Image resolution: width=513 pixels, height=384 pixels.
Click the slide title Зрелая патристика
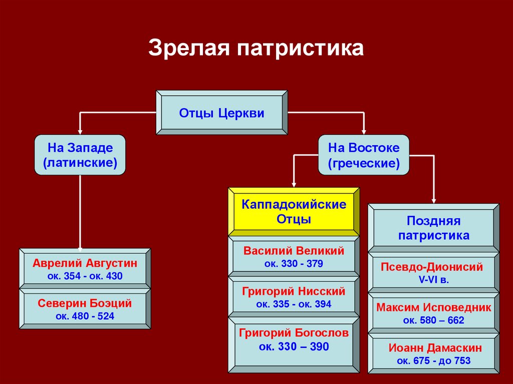pyautogui.click(x=255, y=49)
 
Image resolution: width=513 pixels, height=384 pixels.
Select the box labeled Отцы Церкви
pyautogui.click(x=221, y=113)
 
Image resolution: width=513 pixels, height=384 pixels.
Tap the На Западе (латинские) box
pyautogui.click(x=80, y=155)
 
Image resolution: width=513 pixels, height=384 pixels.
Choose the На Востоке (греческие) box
pyautogui.click(x=364, y=155)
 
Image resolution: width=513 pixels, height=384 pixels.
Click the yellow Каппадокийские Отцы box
pyautogui.click(x=294, y=212)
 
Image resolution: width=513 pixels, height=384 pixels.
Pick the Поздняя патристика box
pyautogui.click(x=433, y=228)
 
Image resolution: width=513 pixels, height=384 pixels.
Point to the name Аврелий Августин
pyautogui.click(x=85, y=263)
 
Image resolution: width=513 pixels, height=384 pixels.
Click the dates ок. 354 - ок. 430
pyautogui.click(x=85, y=276)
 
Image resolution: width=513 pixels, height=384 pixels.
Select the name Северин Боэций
pyautogui.click(x=85, y=303)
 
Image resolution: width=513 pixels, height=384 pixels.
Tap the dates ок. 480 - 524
pyautogui.click(x=85, y=316)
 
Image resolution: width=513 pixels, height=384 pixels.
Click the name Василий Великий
pyautogui.click(x=294, y=251)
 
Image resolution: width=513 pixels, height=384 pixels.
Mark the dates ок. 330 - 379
pyautogui.click(x=294, y=263)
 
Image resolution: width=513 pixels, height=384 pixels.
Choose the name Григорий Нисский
pyautogui.click(x=294, y=291)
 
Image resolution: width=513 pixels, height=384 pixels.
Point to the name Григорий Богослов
pyautogui.click(x=294, y=332)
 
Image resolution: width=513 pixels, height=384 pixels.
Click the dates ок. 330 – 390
pyautogui.click(x=294, y=346)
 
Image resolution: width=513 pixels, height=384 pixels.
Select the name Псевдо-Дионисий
pyautogui.click(x=432, y=267)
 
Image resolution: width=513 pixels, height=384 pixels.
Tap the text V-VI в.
pyautogui.click(x=433, y=280)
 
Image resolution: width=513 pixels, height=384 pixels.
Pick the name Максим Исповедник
pyautogui.click(x=434, y=307)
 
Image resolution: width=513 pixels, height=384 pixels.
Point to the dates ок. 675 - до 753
pyautogui.click(x=433, y=360)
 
